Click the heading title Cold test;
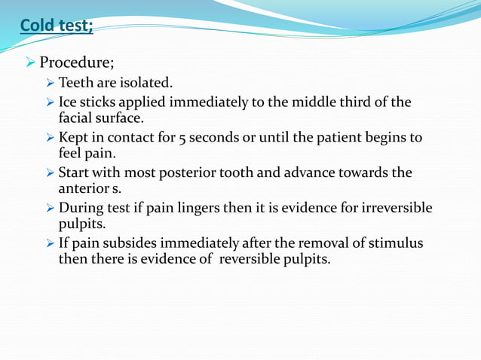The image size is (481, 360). pos(57,26)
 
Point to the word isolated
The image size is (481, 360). pos(151,82)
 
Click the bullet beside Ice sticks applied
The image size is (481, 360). pos(50,102)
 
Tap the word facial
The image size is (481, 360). pos(76,117)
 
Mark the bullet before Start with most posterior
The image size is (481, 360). pos(50,173)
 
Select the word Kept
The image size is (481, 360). pos(73,138)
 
